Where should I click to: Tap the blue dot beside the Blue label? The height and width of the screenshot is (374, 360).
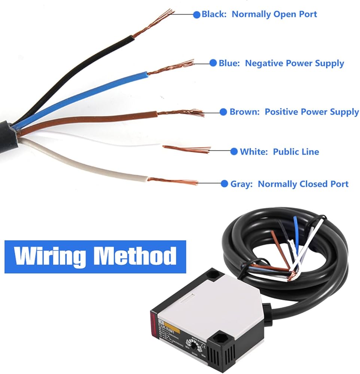point(213,63)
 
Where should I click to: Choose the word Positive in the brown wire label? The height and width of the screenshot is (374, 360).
point(283,112)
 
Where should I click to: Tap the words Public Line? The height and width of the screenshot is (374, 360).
point(296,151)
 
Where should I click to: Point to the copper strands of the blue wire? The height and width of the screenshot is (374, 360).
point(172,67)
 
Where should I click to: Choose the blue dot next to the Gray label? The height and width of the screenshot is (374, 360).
point(225,184)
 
